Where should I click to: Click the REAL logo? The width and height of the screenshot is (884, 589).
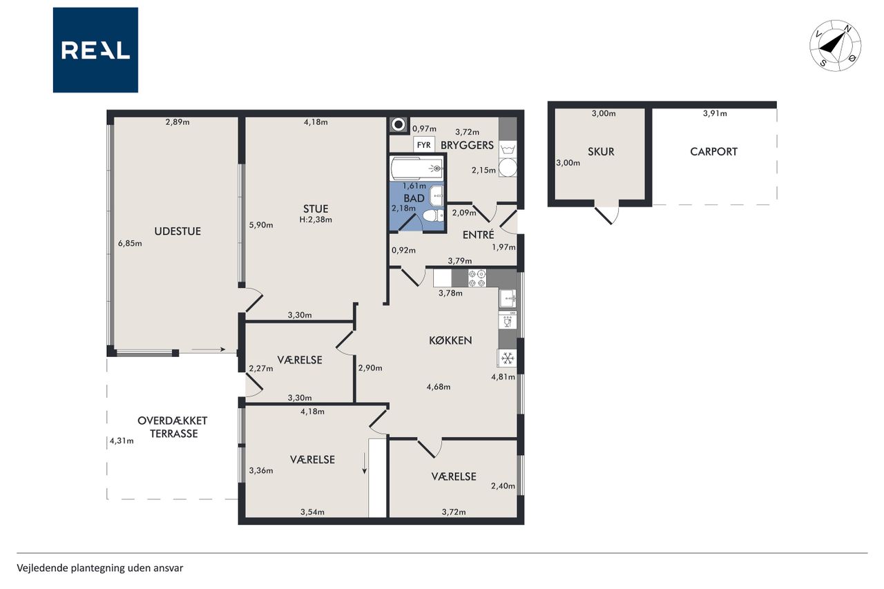tap(95, 50)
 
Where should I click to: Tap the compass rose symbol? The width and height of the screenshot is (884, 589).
tap(835, 46)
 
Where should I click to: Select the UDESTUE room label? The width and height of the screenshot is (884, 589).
tap(177, 231)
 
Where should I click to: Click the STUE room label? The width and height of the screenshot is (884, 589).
tap(316, 209)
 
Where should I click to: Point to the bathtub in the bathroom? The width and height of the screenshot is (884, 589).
tap(416, 168)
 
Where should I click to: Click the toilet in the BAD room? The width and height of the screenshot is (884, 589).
tap(433, 216)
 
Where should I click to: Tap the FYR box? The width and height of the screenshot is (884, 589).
tap(424, 145)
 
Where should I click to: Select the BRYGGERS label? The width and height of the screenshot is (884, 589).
tap(468, 145)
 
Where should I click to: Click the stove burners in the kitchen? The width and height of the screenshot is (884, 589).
tap(477, 278)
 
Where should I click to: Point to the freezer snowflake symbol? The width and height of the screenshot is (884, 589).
tap(507, 358)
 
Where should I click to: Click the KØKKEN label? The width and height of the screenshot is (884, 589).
tap(450, 340)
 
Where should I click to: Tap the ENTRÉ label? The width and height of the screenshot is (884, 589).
tap(479, 235)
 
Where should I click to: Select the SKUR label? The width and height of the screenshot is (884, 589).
tap(601, 151)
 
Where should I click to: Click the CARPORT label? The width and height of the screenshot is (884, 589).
tap(713, 151)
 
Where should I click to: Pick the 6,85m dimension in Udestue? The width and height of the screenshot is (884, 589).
tap(130, 244)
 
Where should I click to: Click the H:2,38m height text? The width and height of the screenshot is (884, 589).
tap(316, 220)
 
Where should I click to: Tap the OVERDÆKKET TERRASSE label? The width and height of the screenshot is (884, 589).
tap(173, 427)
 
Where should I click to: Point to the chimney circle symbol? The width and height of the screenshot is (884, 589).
tap(398, 125)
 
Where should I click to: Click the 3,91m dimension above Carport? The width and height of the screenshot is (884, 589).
tap(715, 114)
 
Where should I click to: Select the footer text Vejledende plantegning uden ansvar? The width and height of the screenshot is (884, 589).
tap(100, 568)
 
